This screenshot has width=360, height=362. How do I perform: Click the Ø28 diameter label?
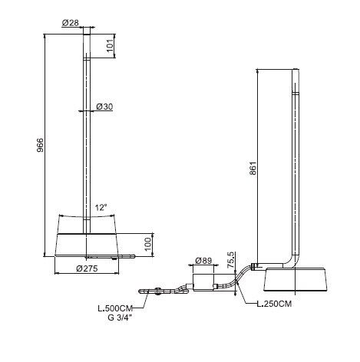tap(70, 23)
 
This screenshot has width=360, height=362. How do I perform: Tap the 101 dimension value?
tap(110, 46)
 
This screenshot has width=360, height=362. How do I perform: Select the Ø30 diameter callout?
tap(104, 107)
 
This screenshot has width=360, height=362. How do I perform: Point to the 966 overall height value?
tap(41, 145)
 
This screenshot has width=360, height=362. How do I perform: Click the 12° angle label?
tap(101, 207)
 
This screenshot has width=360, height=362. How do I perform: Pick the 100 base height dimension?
tap(148, 245)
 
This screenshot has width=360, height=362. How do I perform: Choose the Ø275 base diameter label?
tap(87, 268)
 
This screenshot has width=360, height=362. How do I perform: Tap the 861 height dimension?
tap(253, 168)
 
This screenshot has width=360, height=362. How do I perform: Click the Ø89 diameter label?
tap(203, 261)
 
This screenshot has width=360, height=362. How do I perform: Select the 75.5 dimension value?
tap(230, 260)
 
